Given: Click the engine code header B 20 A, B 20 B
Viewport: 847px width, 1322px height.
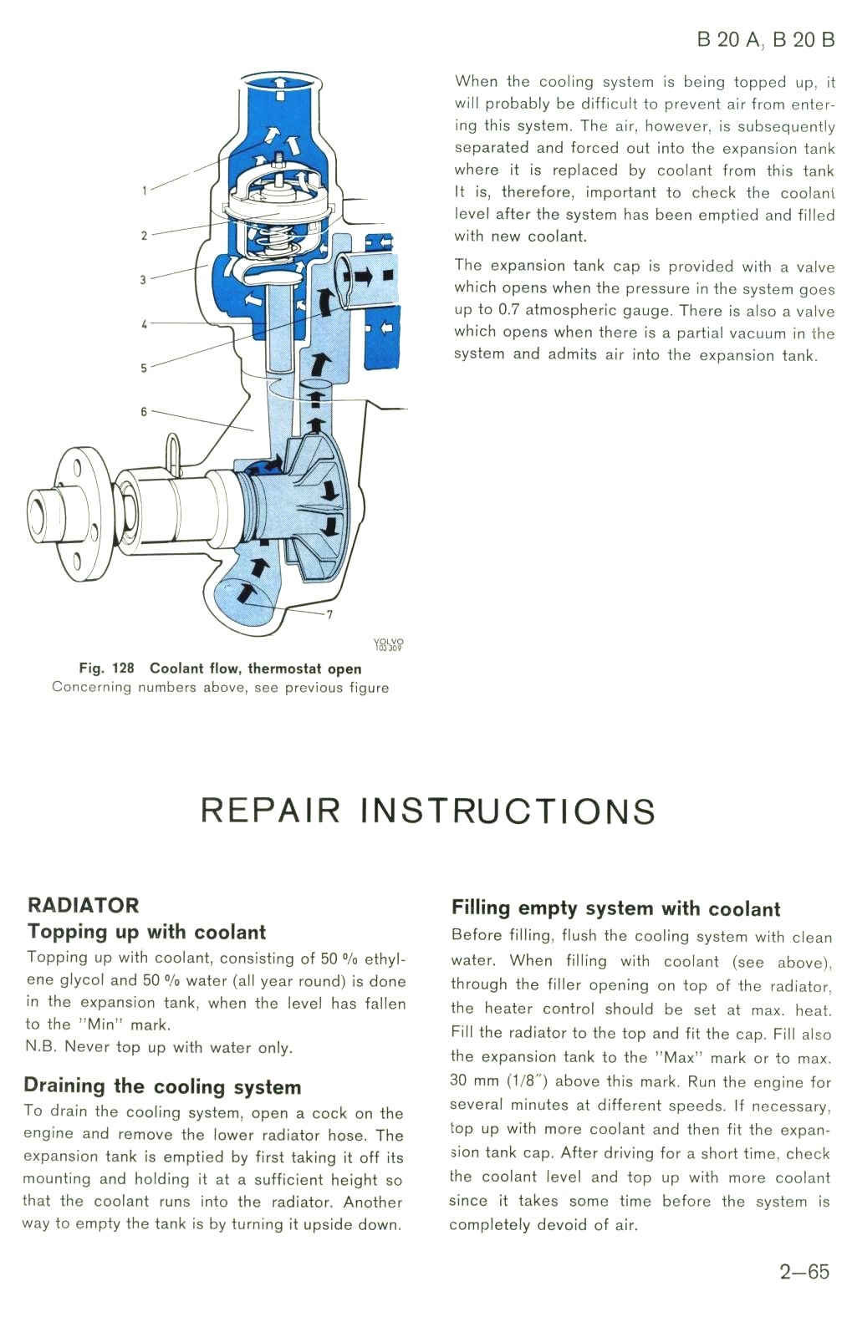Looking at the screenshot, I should [765, 39].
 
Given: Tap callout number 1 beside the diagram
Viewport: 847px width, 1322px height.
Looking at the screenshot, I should [144, 191].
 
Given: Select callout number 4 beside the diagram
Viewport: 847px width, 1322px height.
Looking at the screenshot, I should [144, 324].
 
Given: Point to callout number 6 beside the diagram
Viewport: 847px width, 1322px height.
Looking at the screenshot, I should [144, 411].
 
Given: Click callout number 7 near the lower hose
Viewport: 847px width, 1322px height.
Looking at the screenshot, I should [329, 614].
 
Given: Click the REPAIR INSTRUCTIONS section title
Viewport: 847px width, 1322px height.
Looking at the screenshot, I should [427, 811].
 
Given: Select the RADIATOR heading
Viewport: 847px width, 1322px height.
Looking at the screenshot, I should [83, 905].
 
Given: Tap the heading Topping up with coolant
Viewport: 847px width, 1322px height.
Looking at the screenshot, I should [146, 932].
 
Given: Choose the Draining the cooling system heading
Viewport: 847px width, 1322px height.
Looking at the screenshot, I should [162, 1086].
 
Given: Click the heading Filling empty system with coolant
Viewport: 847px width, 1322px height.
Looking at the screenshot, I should [615, 908].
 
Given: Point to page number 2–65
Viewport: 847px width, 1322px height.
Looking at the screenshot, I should [804, 1272].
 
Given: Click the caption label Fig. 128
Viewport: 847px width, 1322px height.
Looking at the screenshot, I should [106, 669].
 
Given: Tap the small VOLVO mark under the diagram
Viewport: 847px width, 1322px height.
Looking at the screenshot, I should [388, 644].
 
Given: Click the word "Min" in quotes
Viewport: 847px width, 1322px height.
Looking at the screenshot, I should [100, 1025].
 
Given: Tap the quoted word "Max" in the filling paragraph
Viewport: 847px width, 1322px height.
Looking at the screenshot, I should [678, 1058].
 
